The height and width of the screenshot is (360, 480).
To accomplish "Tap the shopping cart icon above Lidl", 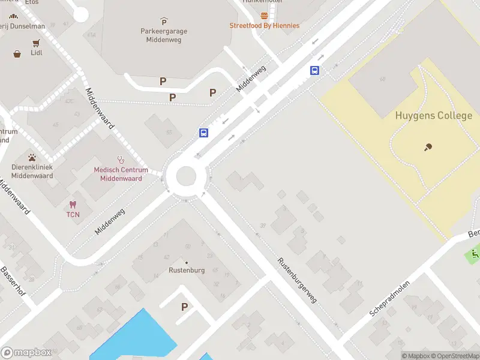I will point(36,43).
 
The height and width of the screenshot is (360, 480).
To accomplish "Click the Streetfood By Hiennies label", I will point(264,26).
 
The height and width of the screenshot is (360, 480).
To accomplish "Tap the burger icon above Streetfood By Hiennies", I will point(264,16).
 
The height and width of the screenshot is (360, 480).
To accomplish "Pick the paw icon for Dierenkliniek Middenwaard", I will point(32,157).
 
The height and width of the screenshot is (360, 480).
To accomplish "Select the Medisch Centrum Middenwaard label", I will point(121,174).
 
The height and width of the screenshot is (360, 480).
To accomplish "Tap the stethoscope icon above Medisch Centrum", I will point(121,160).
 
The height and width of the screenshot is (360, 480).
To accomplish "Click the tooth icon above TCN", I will point(73,205).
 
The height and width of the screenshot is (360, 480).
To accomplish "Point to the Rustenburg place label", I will point(186,270).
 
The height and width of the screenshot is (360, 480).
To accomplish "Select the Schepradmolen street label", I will point(389,298).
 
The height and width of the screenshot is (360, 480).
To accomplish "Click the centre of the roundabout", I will point(186,176).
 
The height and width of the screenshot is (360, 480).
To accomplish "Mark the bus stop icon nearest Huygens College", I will point(314,70).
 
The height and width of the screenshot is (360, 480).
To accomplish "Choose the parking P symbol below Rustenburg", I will point(185,307).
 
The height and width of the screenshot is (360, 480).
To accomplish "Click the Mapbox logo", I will point(26,352).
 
